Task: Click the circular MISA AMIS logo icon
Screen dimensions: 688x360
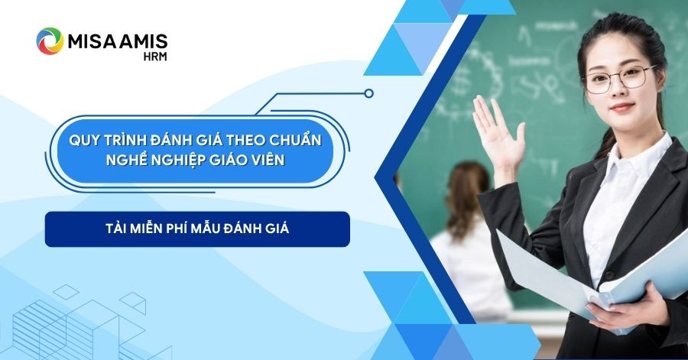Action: tap(50, 41)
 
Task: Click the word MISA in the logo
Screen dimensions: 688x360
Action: tap(90, 42)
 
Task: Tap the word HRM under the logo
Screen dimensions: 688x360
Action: tap(155, 57)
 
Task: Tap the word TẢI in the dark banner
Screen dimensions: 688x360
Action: tap(115, 229)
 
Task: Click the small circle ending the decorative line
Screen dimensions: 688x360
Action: tap(369, 93)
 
